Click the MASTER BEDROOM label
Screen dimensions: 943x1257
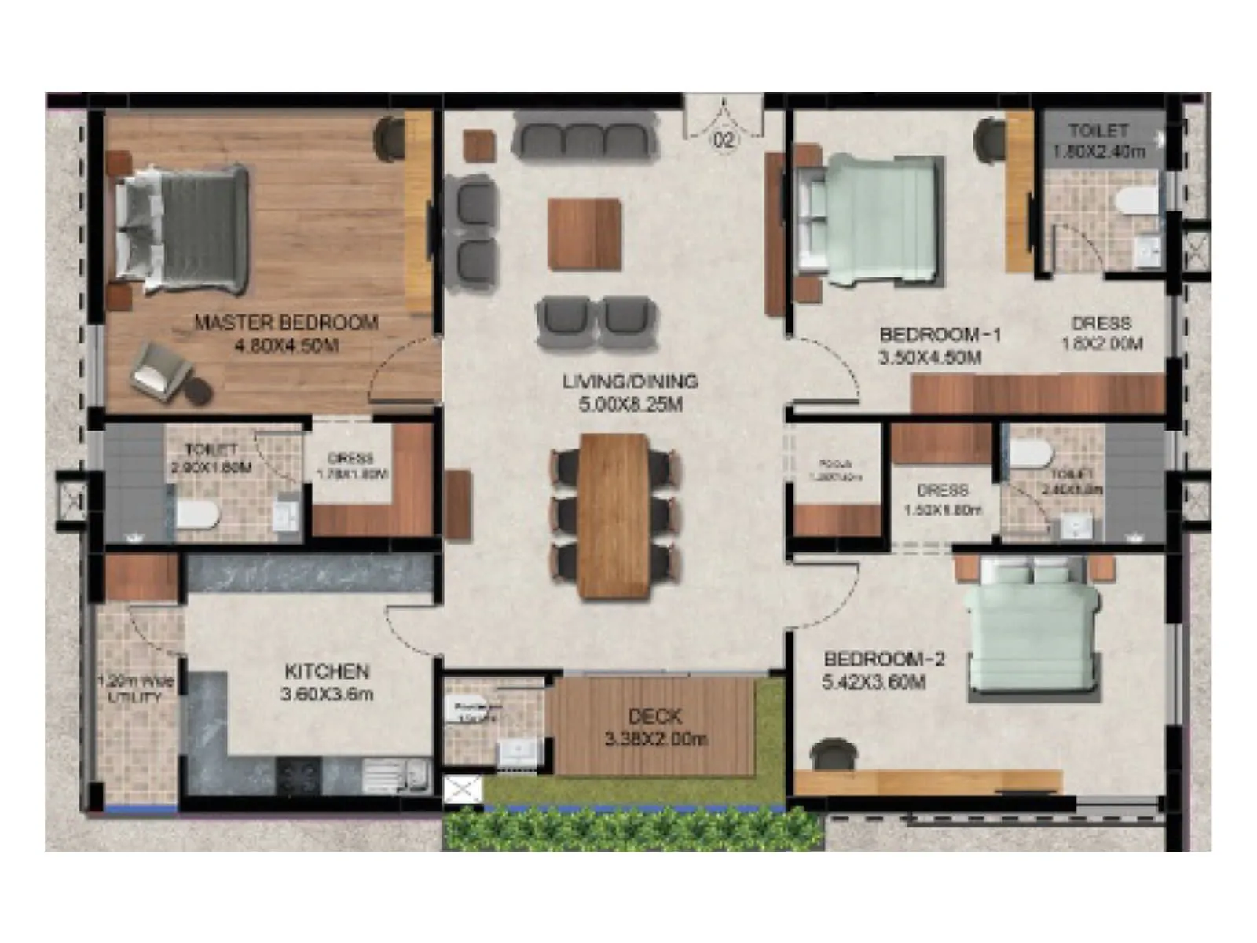[x=287, y=322]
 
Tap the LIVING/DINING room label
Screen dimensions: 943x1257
[x=630, y=382]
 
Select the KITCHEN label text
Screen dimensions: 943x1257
[x=327, y=672]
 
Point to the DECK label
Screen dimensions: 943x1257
[x=655, y=717]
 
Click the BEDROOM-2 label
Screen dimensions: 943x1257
[x=884, y=659]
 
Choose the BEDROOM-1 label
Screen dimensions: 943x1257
[x=940, y=335]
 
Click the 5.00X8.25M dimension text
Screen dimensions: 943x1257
[x=630, y=405]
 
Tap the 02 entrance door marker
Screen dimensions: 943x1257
[x=724, y=140]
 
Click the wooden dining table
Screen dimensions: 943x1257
[x=614, y=516]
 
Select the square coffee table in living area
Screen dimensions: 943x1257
[x=585, y=234]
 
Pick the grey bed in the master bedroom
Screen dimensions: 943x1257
[x=182, y=228]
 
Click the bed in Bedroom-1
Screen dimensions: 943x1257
[x=868, y=218]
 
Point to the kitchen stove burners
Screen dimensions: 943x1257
[x=299, y=776]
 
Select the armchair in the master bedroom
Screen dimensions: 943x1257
[x=162, y=369]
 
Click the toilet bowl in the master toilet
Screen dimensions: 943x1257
[x=196, y=515]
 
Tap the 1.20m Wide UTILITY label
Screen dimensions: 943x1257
[x=134, y=689]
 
